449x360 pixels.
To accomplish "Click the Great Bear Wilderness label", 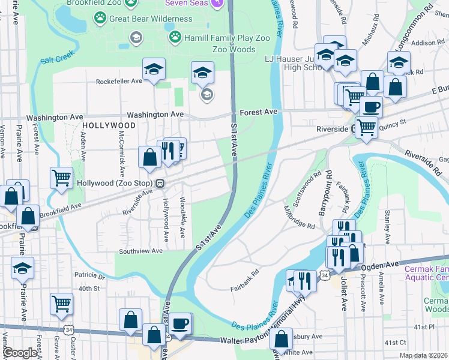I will click(151, 19).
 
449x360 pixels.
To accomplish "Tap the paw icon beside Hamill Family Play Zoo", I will click(175, 37).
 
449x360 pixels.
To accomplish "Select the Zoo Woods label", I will click(234, 49).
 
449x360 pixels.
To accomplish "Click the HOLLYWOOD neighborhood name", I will click(109, 125).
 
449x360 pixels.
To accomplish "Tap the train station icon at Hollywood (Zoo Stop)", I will click(160, 182).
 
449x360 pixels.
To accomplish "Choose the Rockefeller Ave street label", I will click(119, 81).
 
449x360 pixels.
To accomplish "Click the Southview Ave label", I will click(140, 251).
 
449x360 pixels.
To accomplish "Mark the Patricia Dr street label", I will click(89, 277).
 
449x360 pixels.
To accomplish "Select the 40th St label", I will click(88, 289).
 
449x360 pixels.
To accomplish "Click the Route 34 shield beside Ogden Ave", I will click(324, 275).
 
